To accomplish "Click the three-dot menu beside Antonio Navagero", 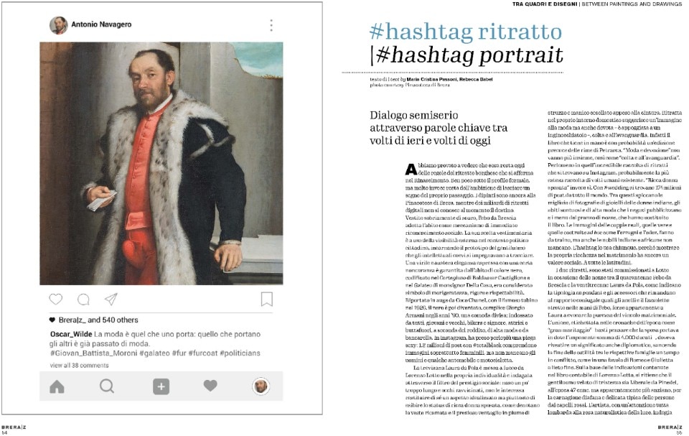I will click(271, 25).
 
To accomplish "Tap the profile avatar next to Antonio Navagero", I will click(59, 25).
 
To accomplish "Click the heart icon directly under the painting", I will click(56, 299).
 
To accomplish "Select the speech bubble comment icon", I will click(83, 299).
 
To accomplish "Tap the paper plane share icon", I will click(111, 299).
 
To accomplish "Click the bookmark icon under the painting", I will click(266, 299).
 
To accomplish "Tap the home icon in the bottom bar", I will click(57, 386).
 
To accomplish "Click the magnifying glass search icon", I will click(107, 386).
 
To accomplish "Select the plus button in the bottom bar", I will click(161, 386).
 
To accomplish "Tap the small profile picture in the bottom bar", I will click(261, 386).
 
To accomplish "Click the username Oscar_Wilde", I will click(69, 335).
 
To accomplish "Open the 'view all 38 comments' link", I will click(80, 365).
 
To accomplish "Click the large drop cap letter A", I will click(410, 169).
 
